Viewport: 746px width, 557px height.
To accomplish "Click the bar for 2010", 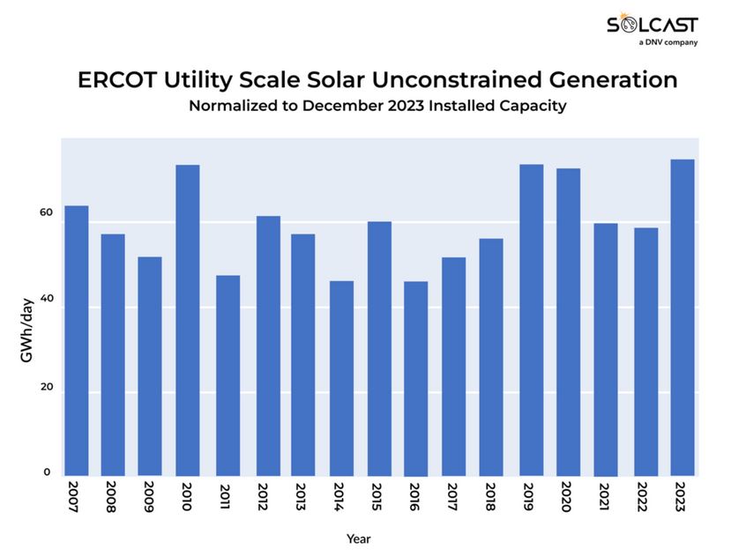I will pos(188,321).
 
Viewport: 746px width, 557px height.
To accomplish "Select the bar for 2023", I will pos(683,318).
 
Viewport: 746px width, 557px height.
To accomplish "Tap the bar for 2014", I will pos(341,379).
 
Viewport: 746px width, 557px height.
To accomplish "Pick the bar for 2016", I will pos(415,379).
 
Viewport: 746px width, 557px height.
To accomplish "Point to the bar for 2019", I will pos(531,321).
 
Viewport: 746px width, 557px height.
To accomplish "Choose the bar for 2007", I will pos(77,341).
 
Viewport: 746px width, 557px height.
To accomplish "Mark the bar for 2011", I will pos(228,376).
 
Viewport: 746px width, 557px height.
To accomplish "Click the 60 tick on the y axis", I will pos(46,213).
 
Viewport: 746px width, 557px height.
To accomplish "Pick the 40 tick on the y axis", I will pos(46,300).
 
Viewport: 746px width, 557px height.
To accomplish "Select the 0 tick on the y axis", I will pos(48,472).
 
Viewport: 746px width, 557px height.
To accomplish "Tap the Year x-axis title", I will pos(359,538).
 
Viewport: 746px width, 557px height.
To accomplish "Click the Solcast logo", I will pos(652,27).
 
